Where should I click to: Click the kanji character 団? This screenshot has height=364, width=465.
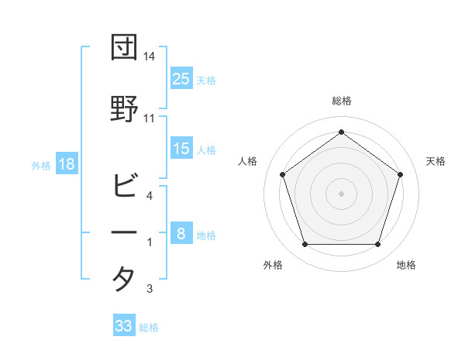coord(124,48)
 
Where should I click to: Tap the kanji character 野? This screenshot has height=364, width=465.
coord(124,108)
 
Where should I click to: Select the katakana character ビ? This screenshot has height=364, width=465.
coord(124,186)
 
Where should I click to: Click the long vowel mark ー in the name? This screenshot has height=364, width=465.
coord(124,232)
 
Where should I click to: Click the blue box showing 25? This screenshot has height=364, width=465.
coord(181,78)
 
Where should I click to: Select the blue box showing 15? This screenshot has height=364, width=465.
coord(181,149)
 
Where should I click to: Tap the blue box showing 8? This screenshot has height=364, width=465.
coord(181,234)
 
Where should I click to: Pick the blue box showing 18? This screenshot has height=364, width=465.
coord(66,164)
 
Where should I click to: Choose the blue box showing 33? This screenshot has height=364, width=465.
coord(124,326)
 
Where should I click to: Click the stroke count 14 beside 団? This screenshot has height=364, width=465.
coord(150,57)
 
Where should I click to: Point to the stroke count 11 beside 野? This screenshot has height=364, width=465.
coord(150,118)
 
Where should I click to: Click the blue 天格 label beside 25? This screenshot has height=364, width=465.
coord(206,80)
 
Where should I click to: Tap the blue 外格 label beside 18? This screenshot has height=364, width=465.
coord(41,165)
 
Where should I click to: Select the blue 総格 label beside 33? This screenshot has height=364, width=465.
coord(149,328)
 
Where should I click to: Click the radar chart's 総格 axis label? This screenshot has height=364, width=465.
coord(341,101)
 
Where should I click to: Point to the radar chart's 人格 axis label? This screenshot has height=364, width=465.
coord(248,161)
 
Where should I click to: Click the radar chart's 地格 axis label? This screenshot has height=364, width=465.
coord(406,265)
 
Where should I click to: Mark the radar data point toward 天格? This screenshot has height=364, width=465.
coord(400,174)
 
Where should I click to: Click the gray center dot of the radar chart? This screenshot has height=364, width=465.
coord(341,193)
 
